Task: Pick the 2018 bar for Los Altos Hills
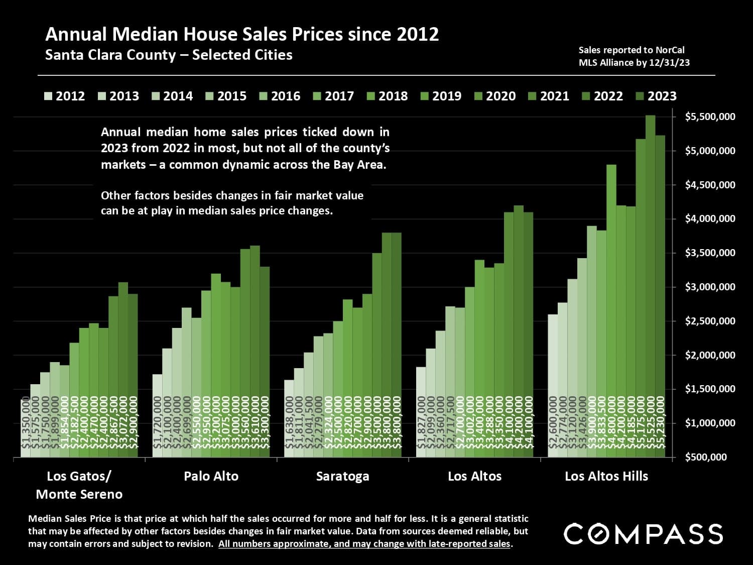[611, 311]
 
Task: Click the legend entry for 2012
[65, 96]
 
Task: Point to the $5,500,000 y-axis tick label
[710, 117]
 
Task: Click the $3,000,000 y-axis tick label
[710, 287]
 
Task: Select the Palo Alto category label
[211, 476]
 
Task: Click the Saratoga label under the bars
[342, 476]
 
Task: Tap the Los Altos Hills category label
[606, 476]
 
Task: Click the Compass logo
[643, 533]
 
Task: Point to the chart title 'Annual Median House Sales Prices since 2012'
[242, 34]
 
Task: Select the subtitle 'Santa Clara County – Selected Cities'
[169, 55]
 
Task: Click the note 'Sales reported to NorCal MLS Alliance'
[634, 56]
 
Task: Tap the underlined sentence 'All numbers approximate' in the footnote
[364, 544]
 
